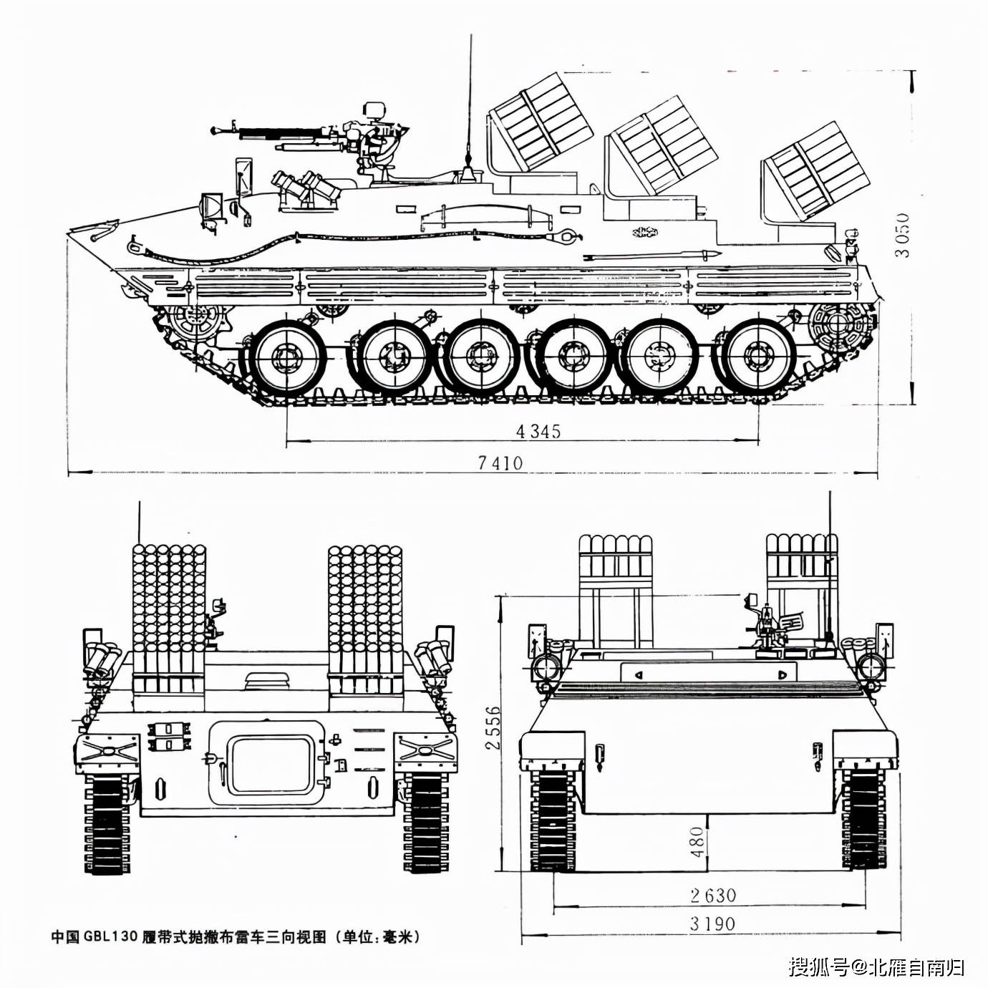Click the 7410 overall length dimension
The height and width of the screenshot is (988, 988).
pyautogui.click(x=500, y=463)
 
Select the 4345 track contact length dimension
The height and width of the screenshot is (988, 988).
pyautogui.click(x=538, y=431)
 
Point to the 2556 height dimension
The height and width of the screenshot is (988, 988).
pyautogui.click(x=492, y=728)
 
